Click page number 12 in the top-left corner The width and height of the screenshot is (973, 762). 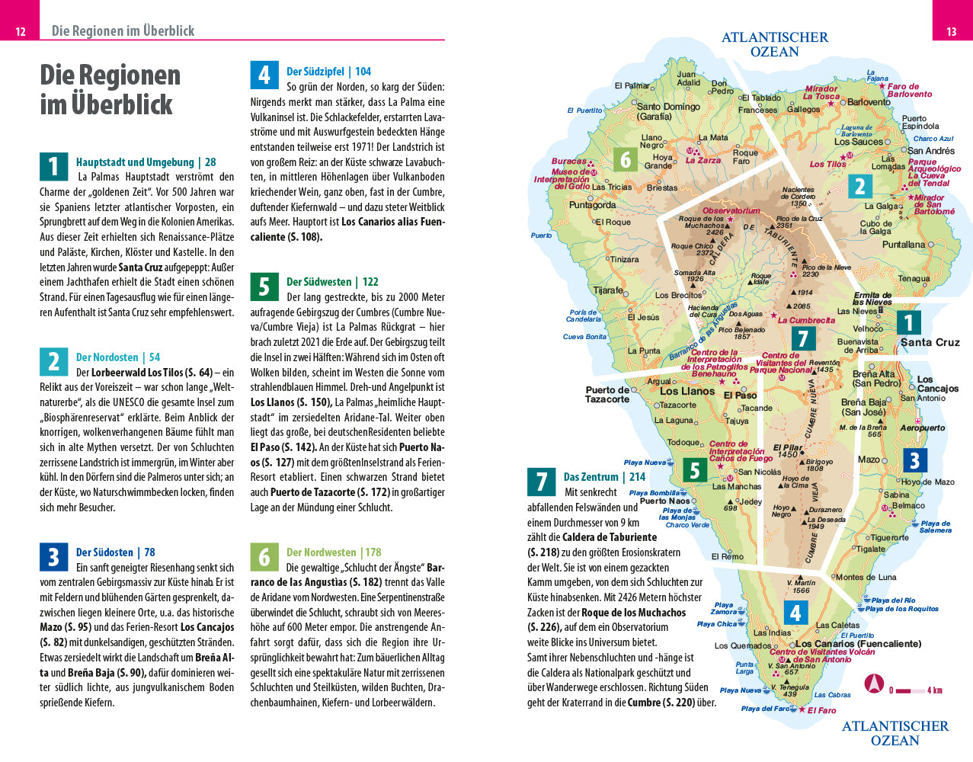point(21,31)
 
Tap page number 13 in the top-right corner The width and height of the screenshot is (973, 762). point(951,31)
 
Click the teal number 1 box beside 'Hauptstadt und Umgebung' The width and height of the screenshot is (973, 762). point(53,167)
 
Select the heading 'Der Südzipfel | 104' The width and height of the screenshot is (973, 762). point(328,72)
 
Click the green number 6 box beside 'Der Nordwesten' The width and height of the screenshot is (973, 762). point(264,557)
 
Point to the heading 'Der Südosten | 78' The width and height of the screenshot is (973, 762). point(115,552)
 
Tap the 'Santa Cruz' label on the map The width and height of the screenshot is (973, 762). point(930,342)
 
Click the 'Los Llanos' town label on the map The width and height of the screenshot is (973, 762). point(687,391)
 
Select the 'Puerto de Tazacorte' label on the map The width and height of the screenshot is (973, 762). point(607,394)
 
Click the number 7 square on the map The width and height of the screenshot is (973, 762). point(802,338)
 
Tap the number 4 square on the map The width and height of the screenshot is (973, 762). point(795,613)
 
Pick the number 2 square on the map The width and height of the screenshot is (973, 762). point(860,186)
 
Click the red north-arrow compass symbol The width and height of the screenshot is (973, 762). point(874,684)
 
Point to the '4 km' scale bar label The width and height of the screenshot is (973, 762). point(935,690)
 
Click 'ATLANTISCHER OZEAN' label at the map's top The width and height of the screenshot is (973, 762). point(774,44)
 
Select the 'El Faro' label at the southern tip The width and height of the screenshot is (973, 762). point(821,710)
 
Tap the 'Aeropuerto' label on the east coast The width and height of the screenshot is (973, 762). point(922,428)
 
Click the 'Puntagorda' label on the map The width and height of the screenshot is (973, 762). point(592,205)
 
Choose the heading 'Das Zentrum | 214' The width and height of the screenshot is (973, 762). point(604,477)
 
